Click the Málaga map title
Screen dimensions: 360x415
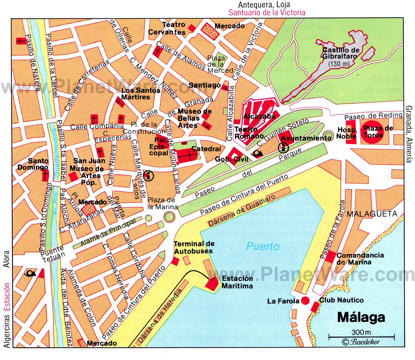coord(361,317)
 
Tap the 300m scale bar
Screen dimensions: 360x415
coord(361,336)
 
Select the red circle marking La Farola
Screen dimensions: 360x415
coord(305,300)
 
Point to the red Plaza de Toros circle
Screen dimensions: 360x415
coord(373,131)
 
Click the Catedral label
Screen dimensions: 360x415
coord(206,149)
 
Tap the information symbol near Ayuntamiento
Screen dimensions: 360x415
coord(284,148)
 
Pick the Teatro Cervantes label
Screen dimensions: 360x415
coord(169,29)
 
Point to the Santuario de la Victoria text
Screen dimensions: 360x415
coord(267,13)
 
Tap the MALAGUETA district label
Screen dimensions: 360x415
coord(372,214)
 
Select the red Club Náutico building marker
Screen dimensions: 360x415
coord(315,307)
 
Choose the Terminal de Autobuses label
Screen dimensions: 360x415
coord(194,247)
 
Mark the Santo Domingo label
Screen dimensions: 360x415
coord(38,164)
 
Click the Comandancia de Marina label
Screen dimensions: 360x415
coord(360,259)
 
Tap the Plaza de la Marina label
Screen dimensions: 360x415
coord(162,204)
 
